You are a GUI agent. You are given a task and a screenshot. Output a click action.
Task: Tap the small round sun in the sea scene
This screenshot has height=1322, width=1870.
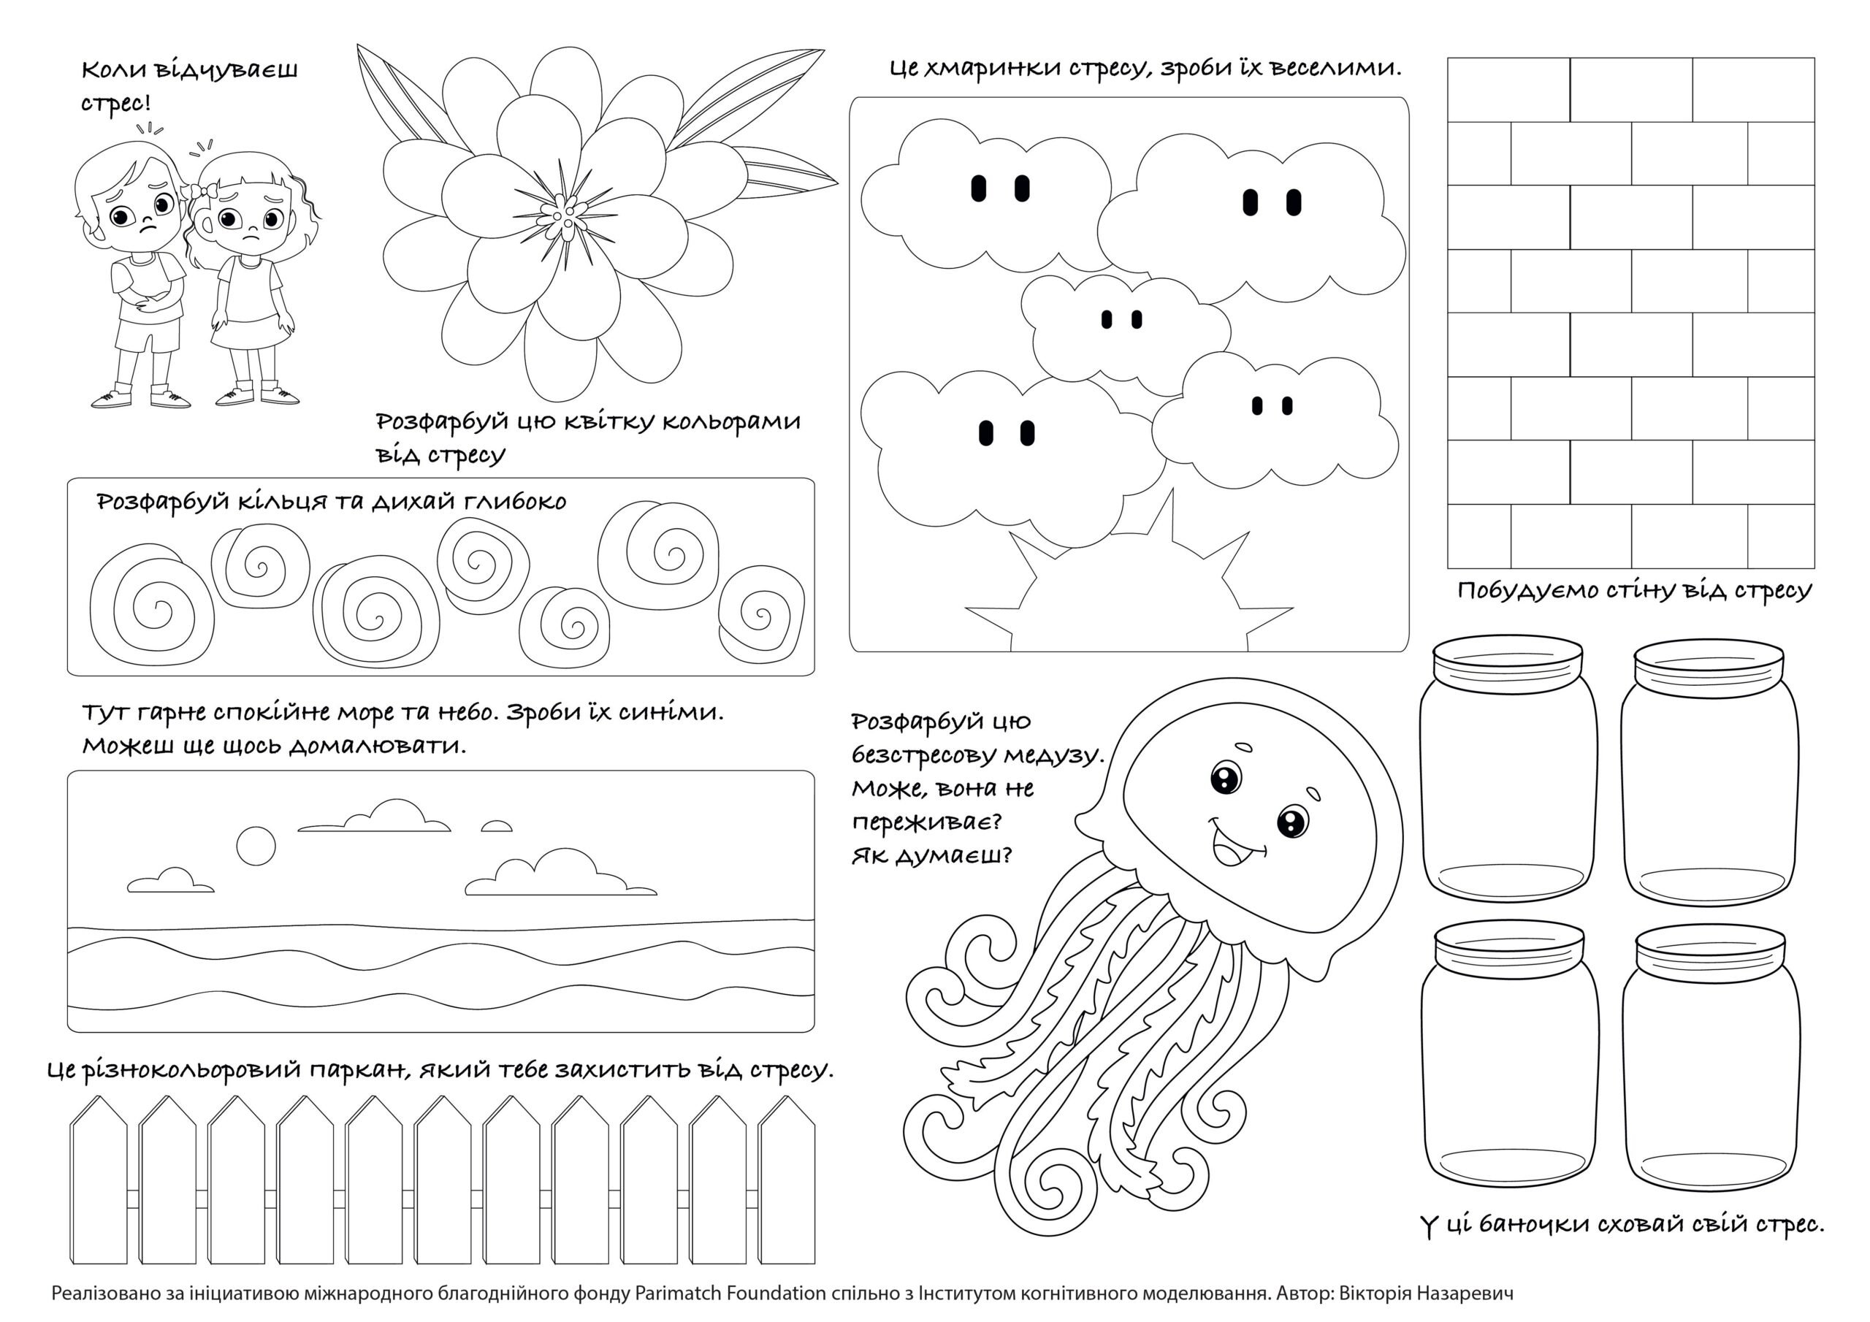(x=256, y=847)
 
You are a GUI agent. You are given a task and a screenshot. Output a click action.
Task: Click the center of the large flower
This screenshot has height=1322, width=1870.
(x=564, y=213)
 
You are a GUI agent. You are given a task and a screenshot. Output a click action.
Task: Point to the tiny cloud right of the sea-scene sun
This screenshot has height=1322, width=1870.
(x=496, y=826)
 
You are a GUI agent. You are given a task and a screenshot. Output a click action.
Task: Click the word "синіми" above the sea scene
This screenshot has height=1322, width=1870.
(x=670, y=713)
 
